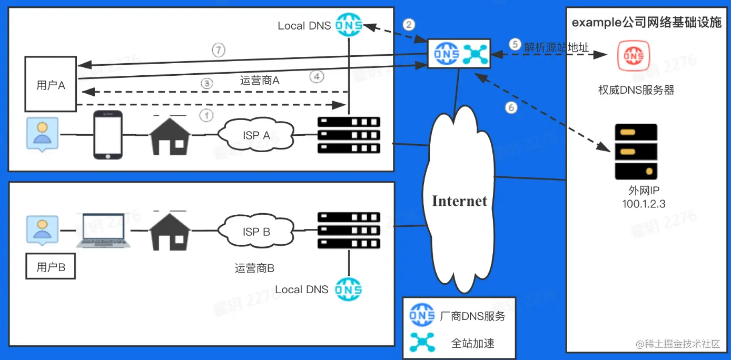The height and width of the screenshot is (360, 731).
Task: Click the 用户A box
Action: click(51, 85)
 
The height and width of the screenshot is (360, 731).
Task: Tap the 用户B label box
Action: click(51, 267)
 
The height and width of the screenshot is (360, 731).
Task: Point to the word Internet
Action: click(459, 201)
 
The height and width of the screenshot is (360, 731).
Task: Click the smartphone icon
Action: click(108, 135)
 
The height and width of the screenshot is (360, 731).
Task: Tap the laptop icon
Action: click(103, 231)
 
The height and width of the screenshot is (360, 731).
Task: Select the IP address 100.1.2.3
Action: click(643, 204)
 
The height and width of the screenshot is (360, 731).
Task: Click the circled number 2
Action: click(409, 24)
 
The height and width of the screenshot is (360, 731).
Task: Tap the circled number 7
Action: click(219, 51)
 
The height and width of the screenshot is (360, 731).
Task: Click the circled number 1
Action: click(208, 114)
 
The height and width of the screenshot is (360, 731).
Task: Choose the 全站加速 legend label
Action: click(473, 343)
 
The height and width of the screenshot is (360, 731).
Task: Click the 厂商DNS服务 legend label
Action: click(472, 316)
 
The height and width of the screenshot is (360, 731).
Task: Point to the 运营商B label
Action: click(254, 268)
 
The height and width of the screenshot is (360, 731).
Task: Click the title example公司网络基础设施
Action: click(646, 23)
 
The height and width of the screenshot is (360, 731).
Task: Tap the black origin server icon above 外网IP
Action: click(636, 151)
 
